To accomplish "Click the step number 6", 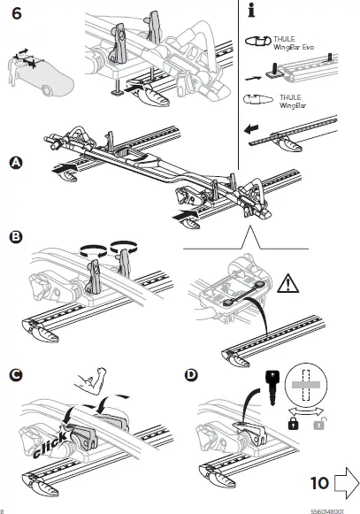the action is click(17, 13).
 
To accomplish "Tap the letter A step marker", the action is click(16, 163).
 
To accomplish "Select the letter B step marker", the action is click(16, 237).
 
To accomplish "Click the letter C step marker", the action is click(16, 375).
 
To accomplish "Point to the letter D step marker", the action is click(191, 375).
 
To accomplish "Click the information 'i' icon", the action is click(251, 10).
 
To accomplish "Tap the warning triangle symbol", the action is click(287, 284).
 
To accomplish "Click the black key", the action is click(272, 387).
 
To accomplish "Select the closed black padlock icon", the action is click(293, 424).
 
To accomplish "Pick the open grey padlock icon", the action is click(318, 424).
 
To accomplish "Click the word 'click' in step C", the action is click(50, 444).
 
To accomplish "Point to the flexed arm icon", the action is click(91, 381).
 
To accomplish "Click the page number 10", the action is click(319, 483).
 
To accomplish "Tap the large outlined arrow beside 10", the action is click(347, 483).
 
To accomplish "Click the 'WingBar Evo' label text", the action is click(294, 47).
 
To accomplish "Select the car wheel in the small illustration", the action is click(48, 90).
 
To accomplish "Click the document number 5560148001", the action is click(327, 511).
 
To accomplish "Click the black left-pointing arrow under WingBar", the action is click(251, 129).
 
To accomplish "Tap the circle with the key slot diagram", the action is click(306, 384).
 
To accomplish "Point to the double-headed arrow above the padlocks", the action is click(305, 412).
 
